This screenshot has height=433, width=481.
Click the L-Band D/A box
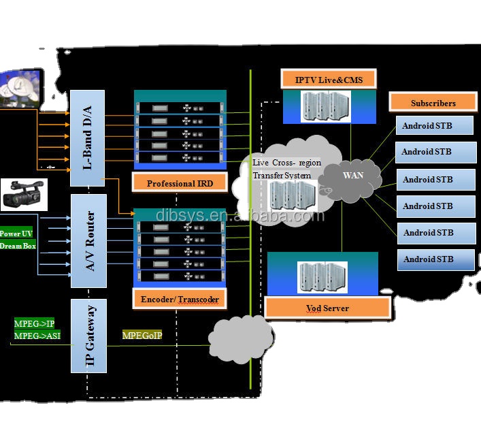tap(88, 138)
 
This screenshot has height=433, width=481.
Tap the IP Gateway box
tap(89, 336)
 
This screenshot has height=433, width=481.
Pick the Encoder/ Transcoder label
tap(179, 299)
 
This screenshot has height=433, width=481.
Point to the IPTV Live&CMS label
tap(329, 80)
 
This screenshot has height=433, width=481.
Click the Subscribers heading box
tap(433, 103)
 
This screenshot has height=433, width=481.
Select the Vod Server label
tap(327, 308)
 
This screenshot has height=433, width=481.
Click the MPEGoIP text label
tap(142, 335)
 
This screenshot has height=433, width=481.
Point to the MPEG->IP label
tap(34, 323)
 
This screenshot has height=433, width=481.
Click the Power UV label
tap(16, 234)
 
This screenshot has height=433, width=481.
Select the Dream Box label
tap(18, 246)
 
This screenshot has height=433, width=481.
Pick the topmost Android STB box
tap(435, 126)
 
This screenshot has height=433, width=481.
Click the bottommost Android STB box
tap(435, 259)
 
